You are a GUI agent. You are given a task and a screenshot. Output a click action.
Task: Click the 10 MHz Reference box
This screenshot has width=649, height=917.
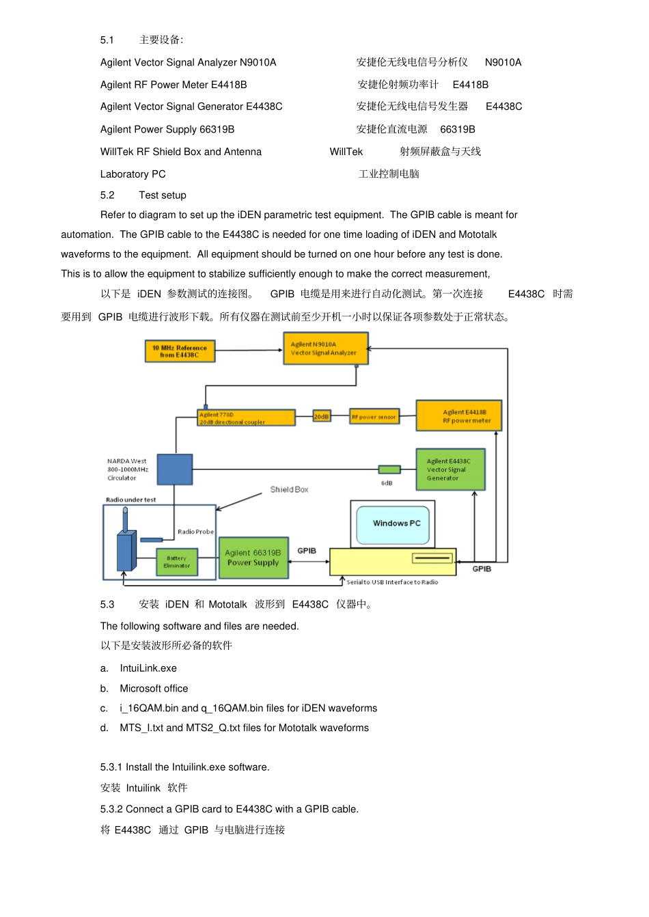[x=180, y=351]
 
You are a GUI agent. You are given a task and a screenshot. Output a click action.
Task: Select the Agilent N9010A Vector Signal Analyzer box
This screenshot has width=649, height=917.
[x=326, y=348]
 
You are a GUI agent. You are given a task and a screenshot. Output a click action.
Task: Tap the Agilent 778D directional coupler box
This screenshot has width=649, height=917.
[x=246, y=418]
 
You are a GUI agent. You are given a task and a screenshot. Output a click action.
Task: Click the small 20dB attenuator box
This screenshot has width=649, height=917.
[x=322, y=416]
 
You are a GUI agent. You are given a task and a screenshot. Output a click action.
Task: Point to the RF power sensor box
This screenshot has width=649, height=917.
[x=374, y=417]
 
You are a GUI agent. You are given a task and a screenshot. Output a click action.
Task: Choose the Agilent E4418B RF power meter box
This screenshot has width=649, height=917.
[x=458, y=415]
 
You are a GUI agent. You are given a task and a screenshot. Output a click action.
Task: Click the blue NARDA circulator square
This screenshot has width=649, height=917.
[x=175, y=469]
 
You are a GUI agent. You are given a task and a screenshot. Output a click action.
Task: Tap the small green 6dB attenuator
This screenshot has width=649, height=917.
[x=389, y=469]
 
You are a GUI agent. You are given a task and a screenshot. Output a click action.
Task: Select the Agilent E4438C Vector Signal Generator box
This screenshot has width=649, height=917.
[x=450, y=469]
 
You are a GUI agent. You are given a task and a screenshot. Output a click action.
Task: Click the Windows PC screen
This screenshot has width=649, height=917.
[x=393, y=525]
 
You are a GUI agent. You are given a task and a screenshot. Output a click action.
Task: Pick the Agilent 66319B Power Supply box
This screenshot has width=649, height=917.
[x=253, y=558]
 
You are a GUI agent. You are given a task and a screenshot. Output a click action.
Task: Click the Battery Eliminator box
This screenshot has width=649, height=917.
[x=177, y=562]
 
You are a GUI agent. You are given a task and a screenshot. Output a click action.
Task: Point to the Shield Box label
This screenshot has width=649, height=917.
[x=289, y=489]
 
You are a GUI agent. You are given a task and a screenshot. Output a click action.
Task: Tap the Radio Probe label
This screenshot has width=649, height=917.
[x=195, y=532]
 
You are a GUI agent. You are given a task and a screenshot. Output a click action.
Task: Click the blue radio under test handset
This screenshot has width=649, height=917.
[x=126, y=545]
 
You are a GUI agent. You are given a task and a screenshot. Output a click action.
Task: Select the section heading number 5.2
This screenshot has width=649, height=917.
[x=107, y=195]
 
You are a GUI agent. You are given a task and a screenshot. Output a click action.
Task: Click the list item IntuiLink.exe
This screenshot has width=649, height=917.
[x=148, y=668]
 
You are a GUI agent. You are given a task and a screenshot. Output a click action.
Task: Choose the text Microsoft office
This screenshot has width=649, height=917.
[x=154, y=689]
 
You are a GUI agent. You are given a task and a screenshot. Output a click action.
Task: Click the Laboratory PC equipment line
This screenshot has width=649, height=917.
[x=133, y=174]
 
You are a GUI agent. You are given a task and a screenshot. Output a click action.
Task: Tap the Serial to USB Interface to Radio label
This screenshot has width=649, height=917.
[x=392, y=582]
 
